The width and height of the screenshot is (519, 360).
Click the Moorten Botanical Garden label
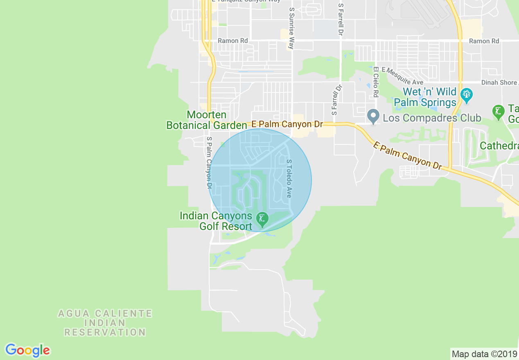coord(207,120)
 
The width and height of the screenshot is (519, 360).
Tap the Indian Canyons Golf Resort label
coord(216,221)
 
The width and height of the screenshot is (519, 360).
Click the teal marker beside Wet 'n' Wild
coord(466,95)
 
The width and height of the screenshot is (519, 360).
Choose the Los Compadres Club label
coord(432,118)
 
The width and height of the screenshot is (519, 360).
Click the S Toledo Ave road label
coord(289,178)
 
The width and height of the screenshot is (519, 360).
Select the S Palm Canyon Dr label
coord(209,162)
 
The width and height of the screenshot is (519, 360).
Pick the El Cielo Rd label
coord(376,82)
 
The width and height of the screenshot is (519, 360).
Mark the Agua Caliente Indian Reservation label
coord(105,323)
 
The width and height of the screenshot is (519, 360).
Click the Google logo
coord(27,350)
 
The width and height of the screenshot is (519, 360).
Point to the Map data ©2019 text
coord(484,354)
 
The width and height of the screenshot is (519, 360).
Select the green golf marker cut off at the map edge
coord(498,111)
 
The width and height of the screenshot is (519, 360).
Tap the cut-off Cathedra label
coord(499,146)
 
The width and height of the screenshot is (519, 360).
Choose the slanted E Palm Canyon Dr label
coord(408,155)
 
